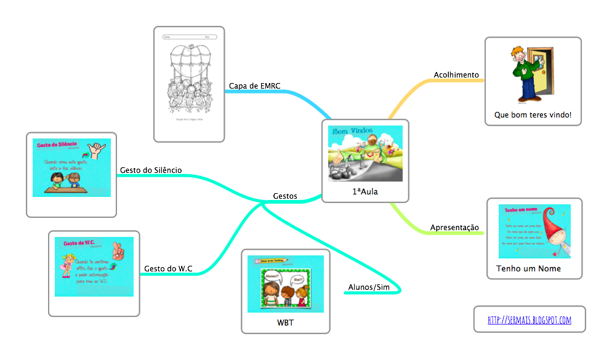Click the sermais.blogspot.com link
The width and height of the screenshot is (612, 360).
click(x=529, y=320)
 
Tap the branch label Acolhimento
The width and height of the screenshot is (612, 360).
click(x=456, y=75)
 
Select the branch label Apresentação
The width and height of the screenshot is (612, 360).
click(x=454, y=228)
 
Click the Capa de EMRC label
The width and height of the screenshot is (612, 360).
click(x=254, y=86)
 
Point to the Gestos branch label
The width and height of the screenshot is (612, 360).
click(x=284, y=196)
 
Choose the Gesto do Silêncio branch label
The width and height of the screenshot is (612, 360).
click(x=150, y=170)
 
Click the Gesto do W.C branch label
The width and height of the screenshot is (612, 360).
click(x=168, y=268)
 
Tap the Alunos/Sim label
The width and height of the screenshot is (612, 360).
click(x=369, y=287)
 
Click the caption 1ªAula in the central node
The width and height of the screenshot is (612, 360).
click(x=365, y=192)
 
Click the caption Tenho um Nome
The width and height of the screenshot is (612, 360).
click(x=528, y=269)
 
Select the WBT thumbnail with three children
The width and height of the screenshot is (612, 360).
click(x=285, y=285)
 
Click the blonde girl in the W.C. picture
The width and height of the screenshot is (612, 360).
click(x=66, y=265)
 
